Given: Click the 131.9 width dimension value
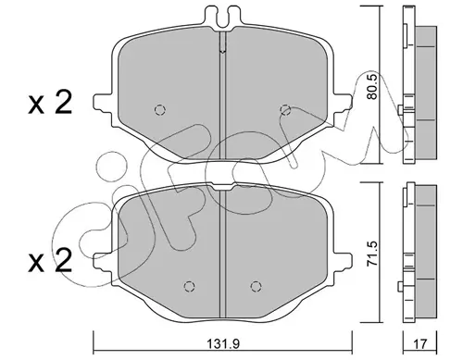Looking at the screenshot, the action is [222, 343].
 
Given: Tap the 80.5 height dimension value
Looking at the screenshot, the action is [372, 86].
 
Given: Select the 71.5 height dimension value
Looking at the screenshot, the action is [372, 254].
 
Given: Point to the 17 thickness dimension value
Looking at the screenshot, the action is [419, 343].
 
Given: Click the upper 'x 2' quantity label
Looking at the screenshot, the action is [50, 103].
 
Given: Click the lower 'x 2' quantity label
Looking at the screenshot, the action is [50, 261].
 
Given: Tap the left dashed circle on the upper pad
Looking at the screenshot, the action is [160, 110].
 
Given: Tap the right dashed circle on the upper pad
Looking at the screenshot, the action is [285, 110].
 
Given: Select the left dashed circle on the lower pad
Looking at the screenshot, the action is [189, 287].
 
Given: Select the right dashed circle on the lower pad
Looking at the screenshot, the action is [256, 287].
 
